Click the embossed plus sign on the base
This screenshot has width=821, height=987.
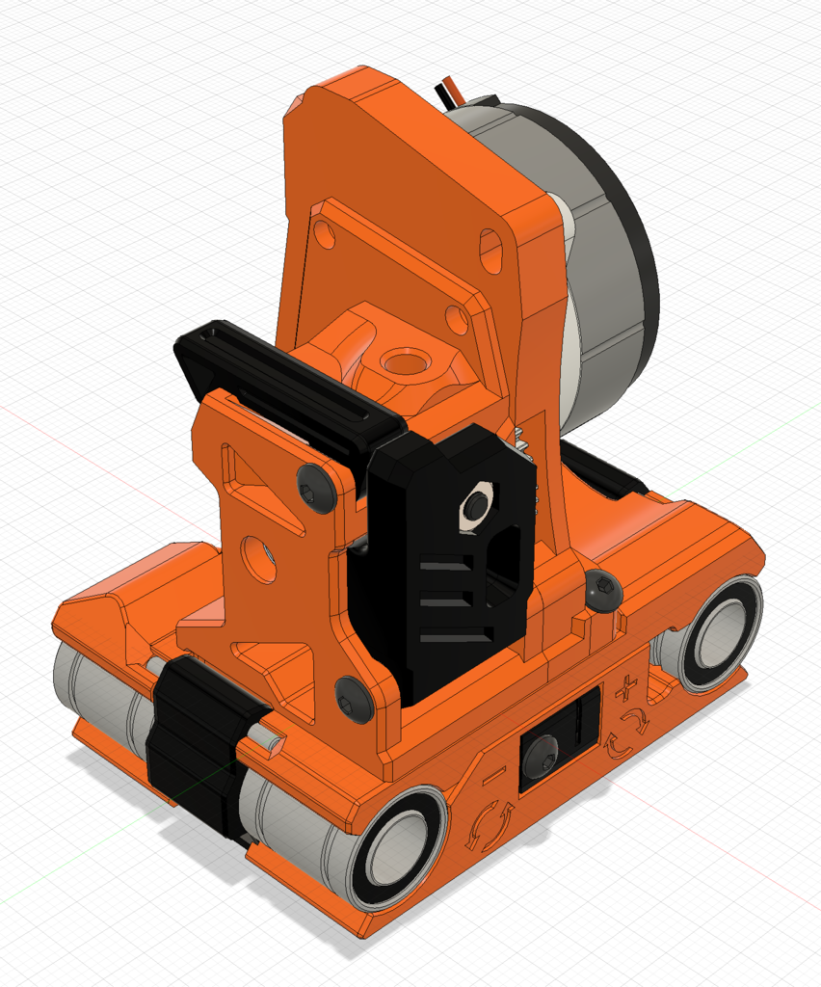point(628,689)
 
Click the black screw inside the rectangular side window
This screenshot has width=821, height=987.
point(541,753)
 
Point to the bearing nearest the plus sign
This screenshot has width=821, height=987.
point(712,633)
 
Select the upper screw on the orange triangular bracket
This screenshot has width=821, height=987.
point(316,487)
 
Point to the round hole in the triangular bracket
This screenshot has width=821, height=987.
point(258,559)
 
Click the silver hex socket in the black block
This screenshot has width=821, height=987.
point(476,505)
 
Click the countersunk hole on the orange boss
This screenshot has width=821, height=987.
point(405,363)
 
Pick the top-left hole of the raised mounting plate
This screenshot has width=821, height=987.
point(326,232)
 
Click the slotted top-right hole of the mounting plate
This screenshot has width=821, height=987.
point(490,250)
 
